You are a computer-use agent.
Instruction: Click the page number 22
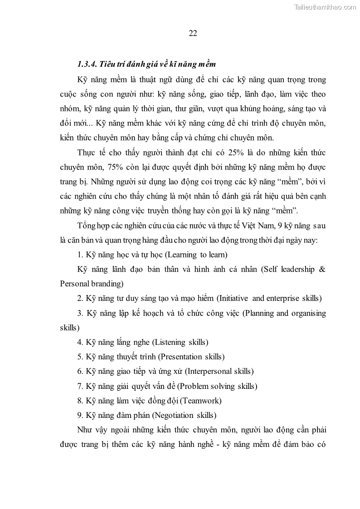192,33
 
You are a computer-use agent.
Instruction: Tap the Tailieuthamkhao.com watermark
326,6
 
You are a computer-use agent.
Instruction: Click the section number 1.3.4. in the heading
88,63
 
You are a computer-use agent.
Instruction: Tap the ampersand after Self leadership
322,269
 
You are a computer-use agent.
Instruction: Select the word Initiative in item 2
233,298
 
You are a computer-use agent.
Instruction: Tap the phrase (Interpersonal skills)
219,371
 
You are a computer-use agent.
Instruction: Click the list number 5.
80,357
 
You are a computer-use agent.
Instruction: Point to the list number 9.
80,415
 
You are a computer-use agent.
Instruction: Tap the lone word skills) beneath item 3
70,327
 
